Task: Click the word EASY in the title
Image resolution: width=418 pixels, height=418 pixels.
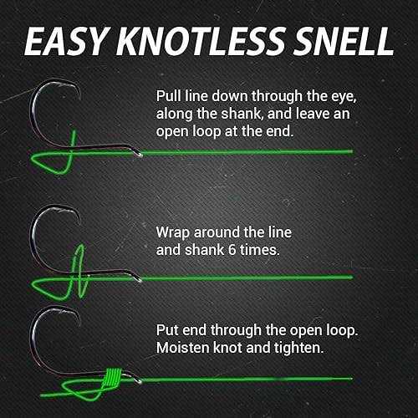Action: coord(67,41)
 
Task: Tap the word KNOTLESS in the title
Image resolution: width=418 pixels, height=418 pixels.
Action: coord(200,41)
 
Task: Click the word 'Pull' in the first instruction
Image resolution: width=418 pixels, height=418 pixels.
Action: coord(168,96)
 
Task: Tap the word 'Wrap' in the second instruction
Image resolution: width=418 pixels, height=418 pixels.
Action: coord(173,233)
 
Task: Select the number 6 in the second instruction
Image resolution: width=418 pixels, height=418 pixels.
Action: coord(232,250)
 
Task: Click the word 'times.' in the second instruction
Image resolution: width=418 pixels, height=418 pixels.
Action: coord(260,250)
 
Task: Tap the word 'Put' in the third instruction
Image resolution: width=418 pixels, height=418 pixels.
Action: coord(167,330)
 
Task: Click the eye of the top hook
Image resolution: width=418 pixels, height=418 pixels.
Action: coord(138,153)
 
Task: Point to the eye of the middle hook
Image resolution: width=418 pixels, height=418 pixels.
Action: coord(137,278)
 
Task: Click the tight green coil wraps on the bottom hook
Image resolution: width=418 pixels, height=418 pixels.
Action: coord(112,377)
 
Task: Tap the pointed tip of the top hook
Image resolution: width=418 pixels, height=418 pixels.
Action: coord(79,99)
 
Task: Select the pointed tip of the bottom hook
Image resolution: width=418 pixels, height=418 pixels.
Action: coord(79,325)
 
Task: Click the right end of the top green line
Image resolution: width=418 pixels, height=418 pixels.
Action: coord(353,151)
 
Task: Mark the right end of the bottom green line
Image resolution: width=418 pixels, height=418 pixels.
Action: coord(352,379)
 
